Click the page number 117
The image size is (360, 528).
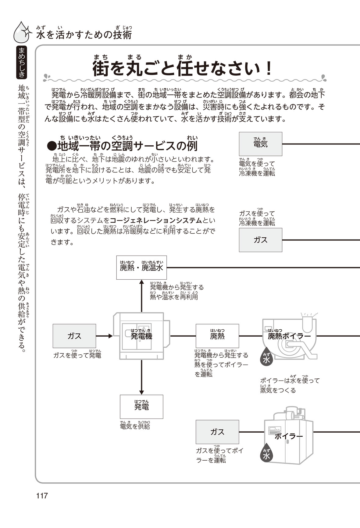tap(42, 495)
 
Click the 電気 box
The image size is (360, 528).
tap(260, 144)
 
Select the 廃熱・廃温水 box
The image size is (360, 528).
tap(141, 268)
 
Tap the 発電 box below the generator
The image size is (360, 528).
tap(141, 406)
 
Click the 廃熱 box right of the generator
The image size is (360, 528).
tap(217, 336)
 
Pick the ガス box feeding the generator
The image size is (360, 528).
tap(74, 336)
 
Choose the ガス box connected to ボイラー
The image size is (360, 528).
tap(217, 432)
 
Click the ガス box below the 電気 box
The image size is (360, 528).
tap(260, 240)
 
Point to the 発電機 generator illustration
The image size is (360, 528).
tap(141, 336)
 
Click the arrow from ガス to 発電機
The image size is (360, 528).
tap(105, 336)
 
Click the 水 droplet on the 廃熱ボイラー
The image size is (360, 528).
tap(266, 360)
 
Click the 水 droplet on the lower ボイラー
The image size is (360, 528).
tap(266, 455)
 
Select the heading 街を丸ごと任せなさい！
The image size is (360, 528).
tap(182, 69)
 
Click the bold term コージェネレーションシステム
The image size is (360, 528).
tap(156, 220)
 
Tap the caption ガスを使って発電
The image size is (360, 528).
tap(77, 355)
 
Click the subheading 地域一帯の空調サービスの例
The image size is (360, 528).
tap(122, 146)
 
